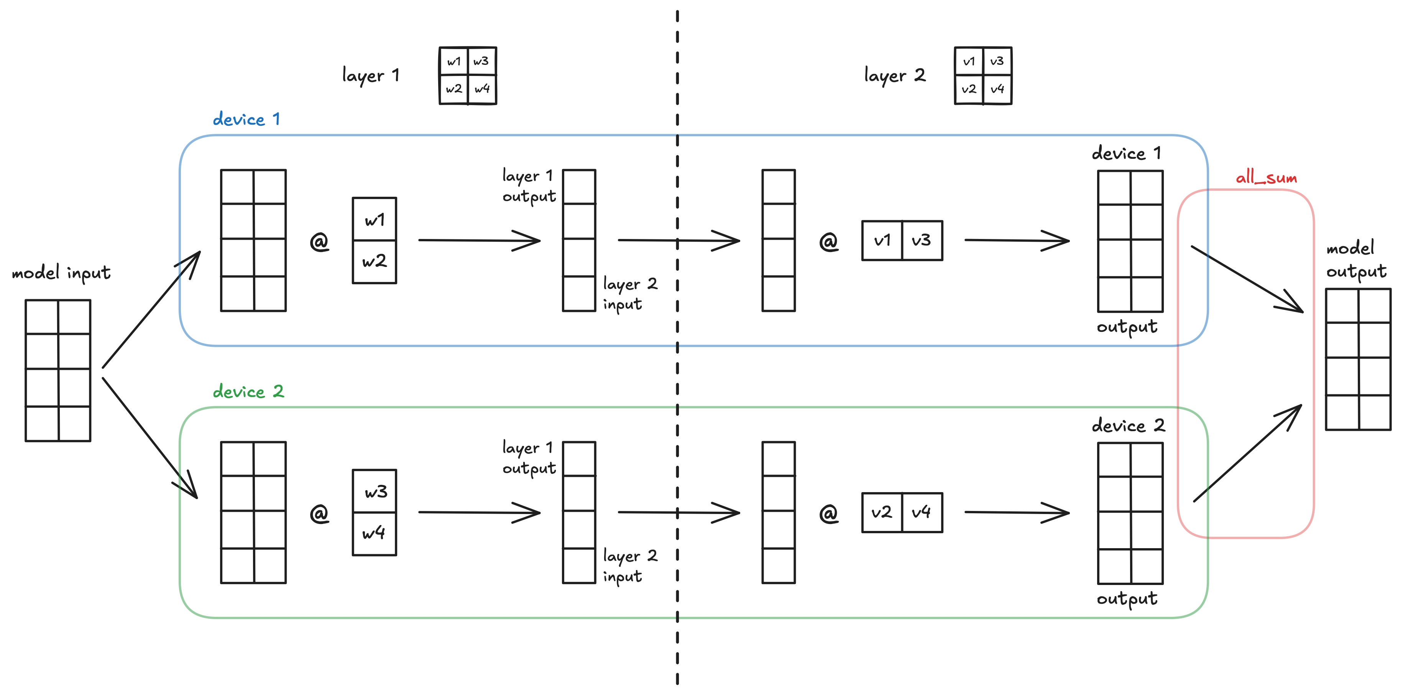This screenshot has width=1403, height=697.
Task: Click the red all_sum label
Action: point(1266,178)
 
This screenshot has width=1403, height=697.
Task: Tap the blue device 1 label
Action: point(246,119)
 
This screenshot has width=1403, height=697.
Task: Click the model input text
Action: point(61,272)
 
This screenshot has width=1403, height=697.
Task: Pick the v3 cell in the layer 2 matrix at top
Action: point(997,61)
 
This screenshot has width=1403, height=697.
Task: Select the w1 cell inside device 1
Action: point(375,220)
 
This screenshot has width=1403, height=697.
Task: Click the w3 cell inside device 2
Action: point(375,491)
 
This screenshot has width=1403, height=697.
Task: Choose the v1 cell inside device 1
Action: point(882,241)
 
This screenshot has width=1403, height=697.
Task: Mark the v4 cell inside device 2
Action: point(922,512)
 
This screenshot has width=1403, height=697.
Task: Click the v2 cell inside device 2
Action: point(881,512)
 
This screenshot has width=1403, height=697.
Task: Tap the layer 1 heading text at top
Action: point(370,75)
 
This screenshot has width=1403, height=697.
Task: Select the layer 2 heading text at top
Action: point(894,75)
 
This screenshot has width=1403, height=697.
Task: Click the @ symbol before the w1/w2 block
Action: point(319,241)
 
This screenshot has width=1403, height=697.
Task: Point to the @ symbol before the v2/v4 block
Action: point(828,513)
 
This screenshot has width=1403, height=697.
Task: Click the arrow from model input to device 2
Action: point(150,438)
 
